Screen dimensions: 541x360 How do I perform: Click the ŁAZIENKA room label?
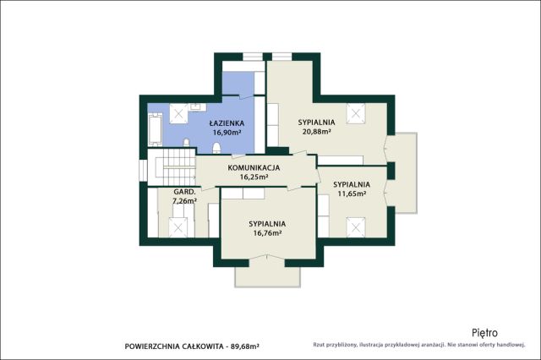(x=227, y=123)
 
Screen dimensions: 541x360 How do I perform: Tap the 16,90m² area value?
(x=227, y=132)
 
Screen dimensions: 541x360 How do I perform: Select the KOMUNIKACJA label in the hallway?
(x=254, y=168)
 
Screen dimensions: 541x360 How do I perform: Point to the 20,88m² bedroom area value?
(x=317, y=131)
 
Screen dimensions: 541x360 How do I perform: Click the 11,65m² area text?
(x=352, y=194)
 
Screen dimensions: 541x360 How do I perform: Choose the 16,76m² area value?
(x=267, y=232)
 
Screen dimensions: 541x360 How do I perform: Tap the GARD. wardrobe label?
(x=185, y=192)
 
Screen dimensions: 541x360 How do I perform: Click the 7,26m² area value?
(x=184, y=200)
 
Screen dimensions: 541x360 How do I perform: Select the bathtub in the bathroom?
(x=155, y=129)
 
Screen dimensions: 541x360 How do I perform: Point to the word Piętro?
(x=484, y=333)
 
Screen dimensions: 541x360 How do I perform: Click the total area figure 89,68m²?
(x=244, y=346)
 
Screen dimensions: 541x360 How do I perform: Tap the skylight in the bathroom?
(x=178, y=113)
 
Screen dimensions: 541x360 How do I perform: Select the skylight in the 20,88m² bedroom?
(x=356, y=112)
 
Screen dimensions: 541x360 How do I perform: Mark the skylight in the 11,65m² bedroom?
(x=356, y=227)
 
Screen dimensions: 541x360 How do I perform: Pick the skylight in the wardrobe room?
(x=178, y=227)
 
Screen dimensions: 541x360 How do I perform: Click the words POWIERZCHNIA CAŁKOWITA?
(x=174, y=346)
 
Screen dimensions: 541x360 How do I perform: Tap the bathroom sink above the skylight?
(x=197, y=106)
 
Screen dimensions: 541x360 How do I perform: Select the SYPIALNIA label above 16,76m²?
(x=267, y=224)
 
